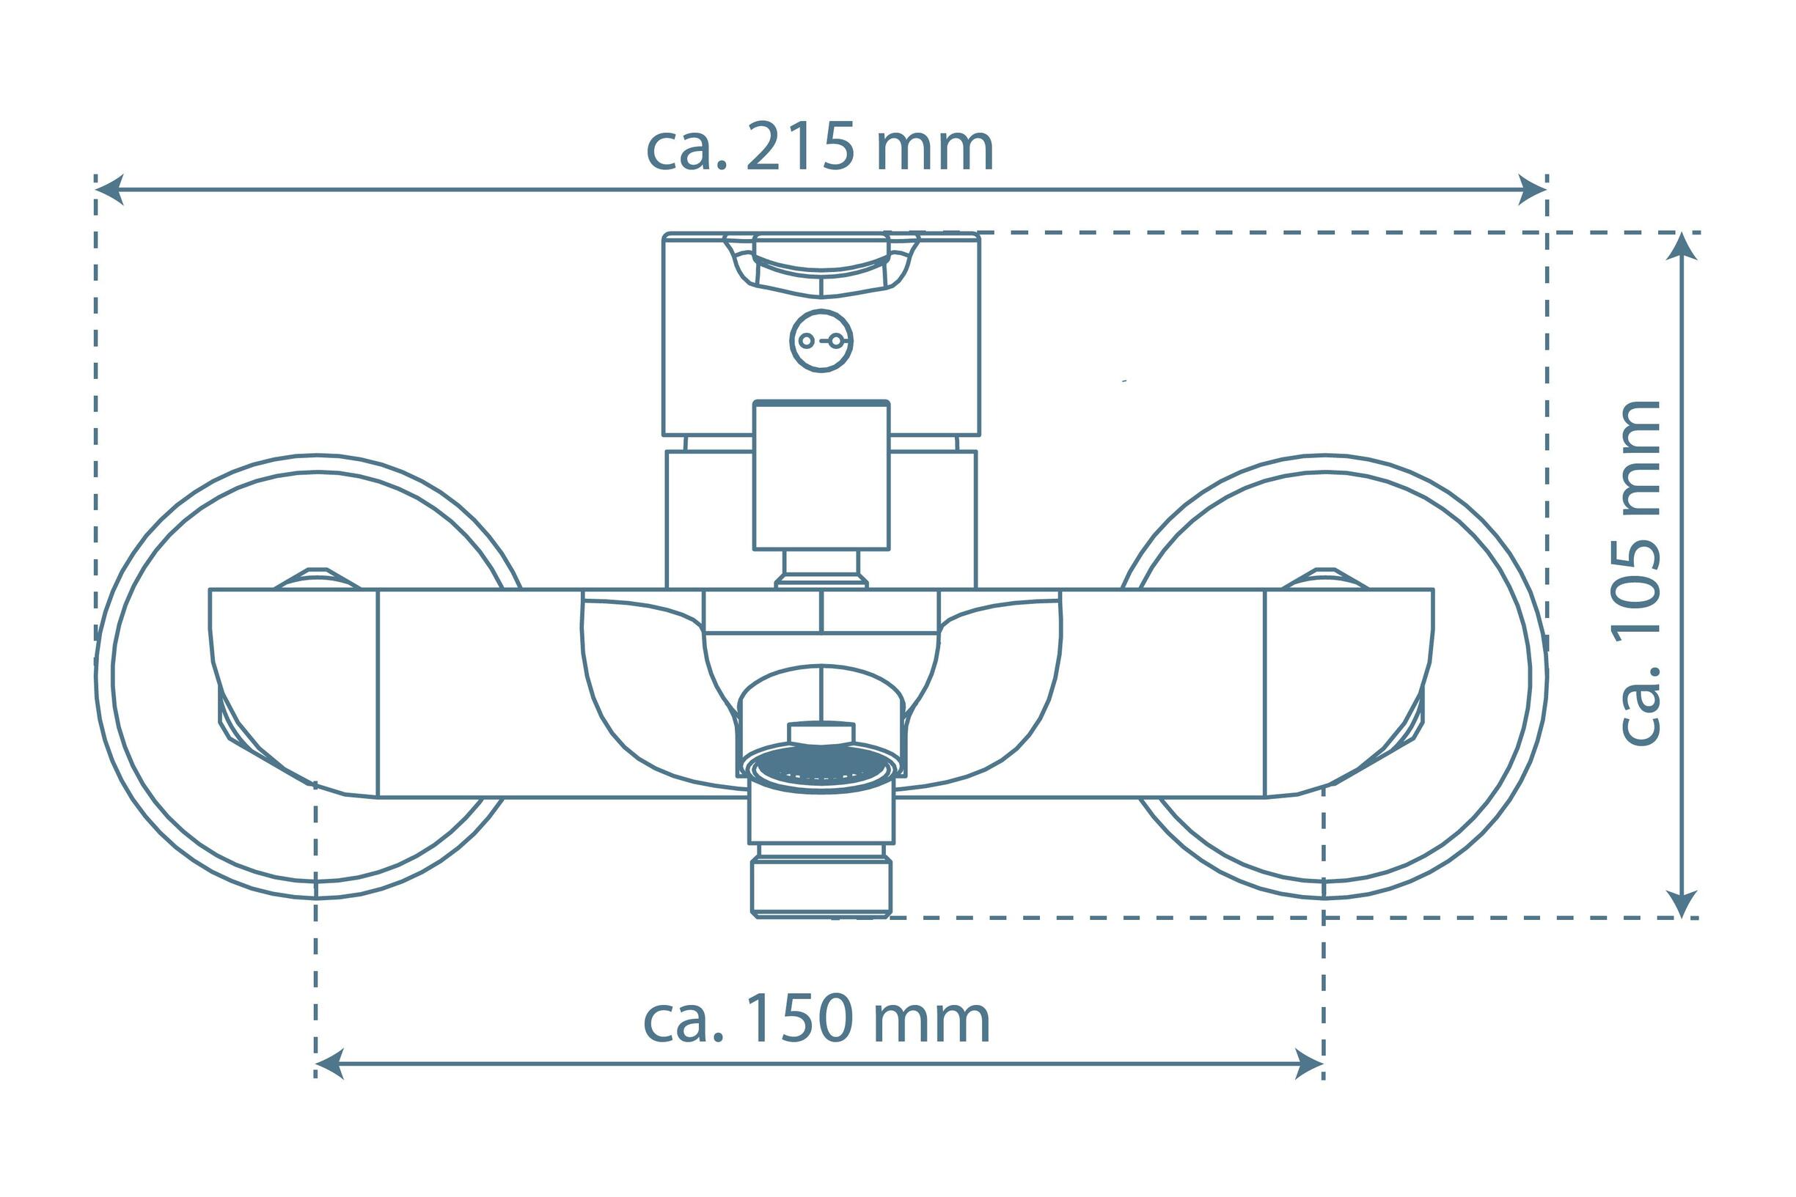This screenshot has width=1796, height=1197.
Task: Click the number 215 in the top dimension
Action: (x=799, y=147)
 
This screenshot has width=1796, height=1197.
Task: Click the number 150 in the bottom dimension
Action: (x=797, y=1018)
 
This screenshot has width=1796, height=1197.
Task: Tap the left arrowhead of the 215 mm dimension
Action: (x=109, y=188)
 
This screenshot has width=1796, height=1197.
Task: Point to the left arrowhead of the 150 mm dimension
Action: (x=329, y=1064)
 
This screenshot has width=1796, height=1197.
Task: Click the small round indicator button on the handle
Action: (x=821, y=340)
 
